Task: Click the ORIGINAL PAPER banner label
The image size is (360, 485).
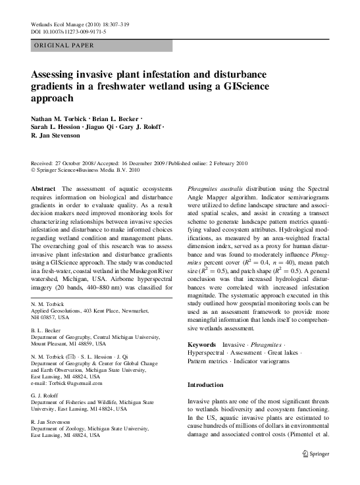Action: pos(63,45)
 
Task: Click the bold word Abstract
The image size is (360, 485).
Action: pos(43,189)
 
